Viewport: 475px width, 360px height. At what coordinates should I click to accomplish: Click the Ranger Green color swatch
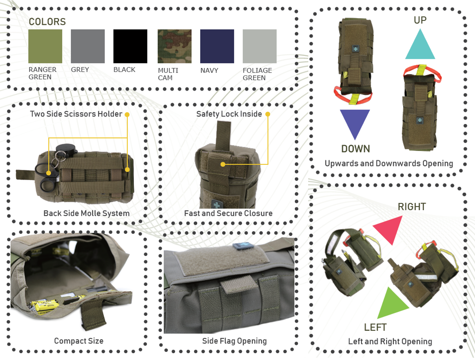click(45, 46)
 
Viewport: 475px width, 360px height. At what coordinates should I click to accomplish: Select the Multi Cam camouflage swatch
click(174, 46)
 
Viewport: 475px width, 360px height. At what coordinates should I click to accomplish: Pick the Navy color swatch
click(217, 46)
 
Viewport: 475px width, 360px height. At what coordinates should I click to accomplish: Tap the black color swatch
click(130, 46)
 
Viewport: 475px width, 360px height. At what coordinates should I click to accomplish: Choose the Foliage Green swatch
click(260, 46)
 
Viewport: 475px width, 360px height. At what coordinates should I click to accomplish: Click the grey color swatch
click(88, 46)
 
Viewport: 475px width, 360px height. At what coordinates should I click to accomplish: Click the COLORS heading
click(47, 22)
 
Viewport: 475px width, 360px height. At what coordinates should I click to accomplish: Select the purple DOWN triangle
click(355, 121)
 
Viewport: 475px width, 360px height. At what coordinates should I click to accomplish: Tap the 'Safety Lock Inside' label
click(229, 114)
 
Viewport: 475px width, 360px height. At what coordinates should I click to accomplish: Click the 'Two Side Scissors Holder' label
click(76, 114)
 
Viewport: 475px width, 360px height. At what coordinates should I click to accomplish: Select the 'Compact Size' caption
click(79, 341)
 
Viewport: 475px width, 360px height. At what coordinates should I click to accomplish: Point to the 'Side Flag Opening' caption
click(234, 341)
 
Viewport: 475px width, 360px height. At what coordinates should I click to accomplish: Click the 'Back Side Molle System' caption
click(86, 213)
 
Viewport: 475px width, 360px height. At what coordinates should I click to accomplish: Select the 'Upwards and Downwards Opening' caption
click(389, 164)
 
